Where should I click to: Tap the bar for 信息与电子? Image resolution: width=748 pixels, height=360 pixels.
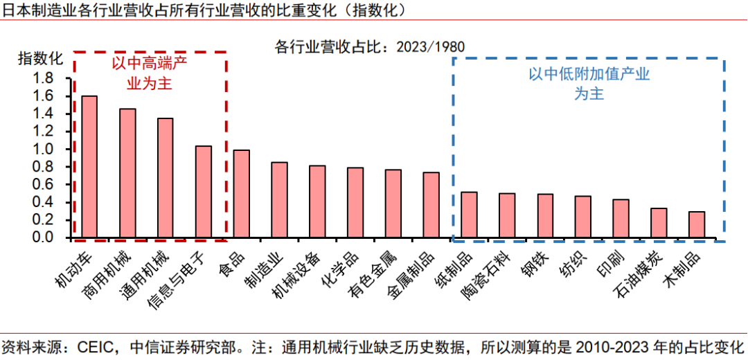pos(203,192)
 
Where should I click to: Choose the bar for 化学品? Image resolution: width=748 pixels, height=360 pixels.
pos(355,202)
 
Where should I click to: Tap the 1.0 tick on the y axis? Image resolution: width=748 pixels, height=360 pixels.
pos(43,149)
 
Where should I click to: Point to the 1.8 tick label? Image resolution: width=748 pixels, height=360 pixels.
pos(43,78)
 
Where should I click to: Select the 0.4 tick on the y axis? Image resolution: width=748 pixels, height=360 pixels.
pos(43,202)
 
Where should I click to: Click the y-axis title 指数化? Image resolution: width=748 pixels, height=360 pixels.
pos(40,58)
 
